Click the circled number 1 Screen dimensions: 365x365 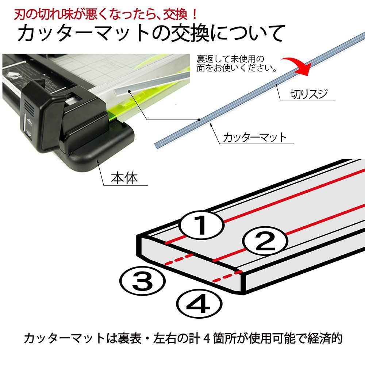tap(201, 224)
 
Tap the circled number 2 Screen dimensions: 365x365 tap(265, 241)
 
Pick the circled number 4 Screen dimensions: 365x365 tap(199, 304)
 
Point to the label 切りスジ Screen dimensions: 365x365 tap(309, 94)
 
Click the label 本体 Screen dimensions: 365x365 tap(124, 178)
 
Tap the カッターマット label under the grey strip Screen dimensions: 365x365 tap(254, 137)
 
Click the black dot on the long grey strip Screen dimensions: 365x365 tap(199, 120)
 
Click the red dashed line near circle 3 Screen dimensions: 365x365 tap(179, 259)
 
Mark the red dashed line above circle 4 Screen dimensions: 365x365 tap(227, 276)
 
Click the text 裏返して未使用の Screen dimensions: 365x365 tap(230, 59)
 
